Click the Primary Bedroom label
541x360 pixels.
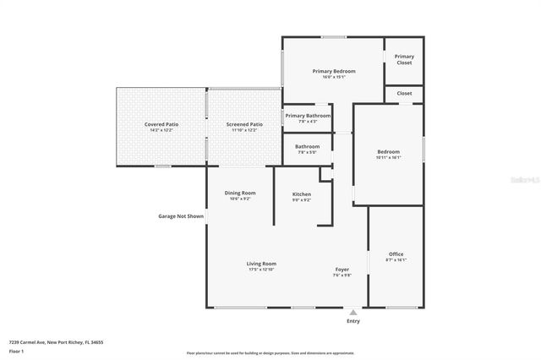point(334,71)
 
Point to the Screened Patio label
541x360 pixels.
point(244,124)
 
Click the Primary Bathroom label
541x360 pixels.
point(307,116)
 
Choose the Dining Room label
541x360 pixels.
point(240,193)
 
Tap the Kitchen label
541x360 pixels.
point(302,194)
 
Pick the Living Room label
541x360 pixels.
point(261,264)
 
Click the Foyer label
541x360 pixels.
point(342,269)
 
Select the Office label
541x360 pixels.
point(396,254)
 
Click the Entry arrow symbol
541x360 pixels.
point(353,312)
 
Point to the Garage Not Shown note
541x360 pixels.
point(181,216)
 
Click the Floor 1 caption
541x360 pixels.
point(17,351)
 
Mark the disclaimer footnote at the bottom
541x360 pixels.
point(270,353)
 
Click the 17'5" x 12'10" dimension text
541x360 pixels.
point(261,270)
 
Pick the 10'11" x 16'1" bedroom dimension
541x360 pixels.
point(388,157)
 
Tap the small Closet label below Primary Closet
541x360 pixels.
point(404,93)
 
